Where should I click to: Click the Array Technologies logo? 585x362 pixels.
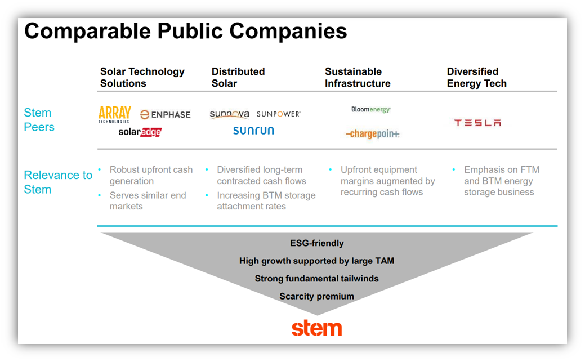[114, 114]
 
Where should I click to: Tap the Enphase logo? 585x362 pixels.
[166, 115]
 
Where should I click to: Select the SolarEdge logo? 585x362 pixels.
[140, 132]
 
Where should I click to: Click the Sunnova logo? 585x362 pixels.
[229, 114]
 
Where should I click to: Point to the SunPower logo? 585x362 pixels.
[279, 114]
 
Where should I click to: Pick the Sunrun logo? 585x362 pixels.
[253, 131]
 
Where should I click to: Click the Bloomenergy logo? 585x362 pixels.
[370, 110]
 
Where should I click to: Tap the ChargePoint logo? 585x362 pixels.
[372, 134]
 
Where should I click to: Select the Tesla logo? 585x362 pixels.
[477, 123]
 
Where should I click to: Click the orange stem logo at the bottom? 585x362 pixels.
[316, 328]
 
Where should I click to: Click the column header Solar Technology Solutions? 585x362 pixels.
[142, 78]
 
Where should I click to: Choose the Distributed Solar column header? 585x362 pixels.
[238, 78]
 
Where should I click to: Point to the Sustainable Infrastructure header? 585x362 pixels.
[358, 78]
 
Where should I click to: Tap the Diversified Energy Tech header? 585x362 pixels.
[476, 78]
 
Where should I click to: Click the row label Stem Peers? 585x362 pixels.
[39, 120]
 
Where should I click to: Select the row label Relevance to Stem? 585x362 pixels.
[57, 182]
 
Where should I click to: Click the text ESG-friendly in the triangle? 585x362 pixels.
[316, 244]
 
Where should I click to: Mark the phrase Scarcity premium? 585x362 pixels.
[316, 296]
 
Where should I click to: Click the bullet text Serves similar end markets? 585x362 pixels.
[148, 201]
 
